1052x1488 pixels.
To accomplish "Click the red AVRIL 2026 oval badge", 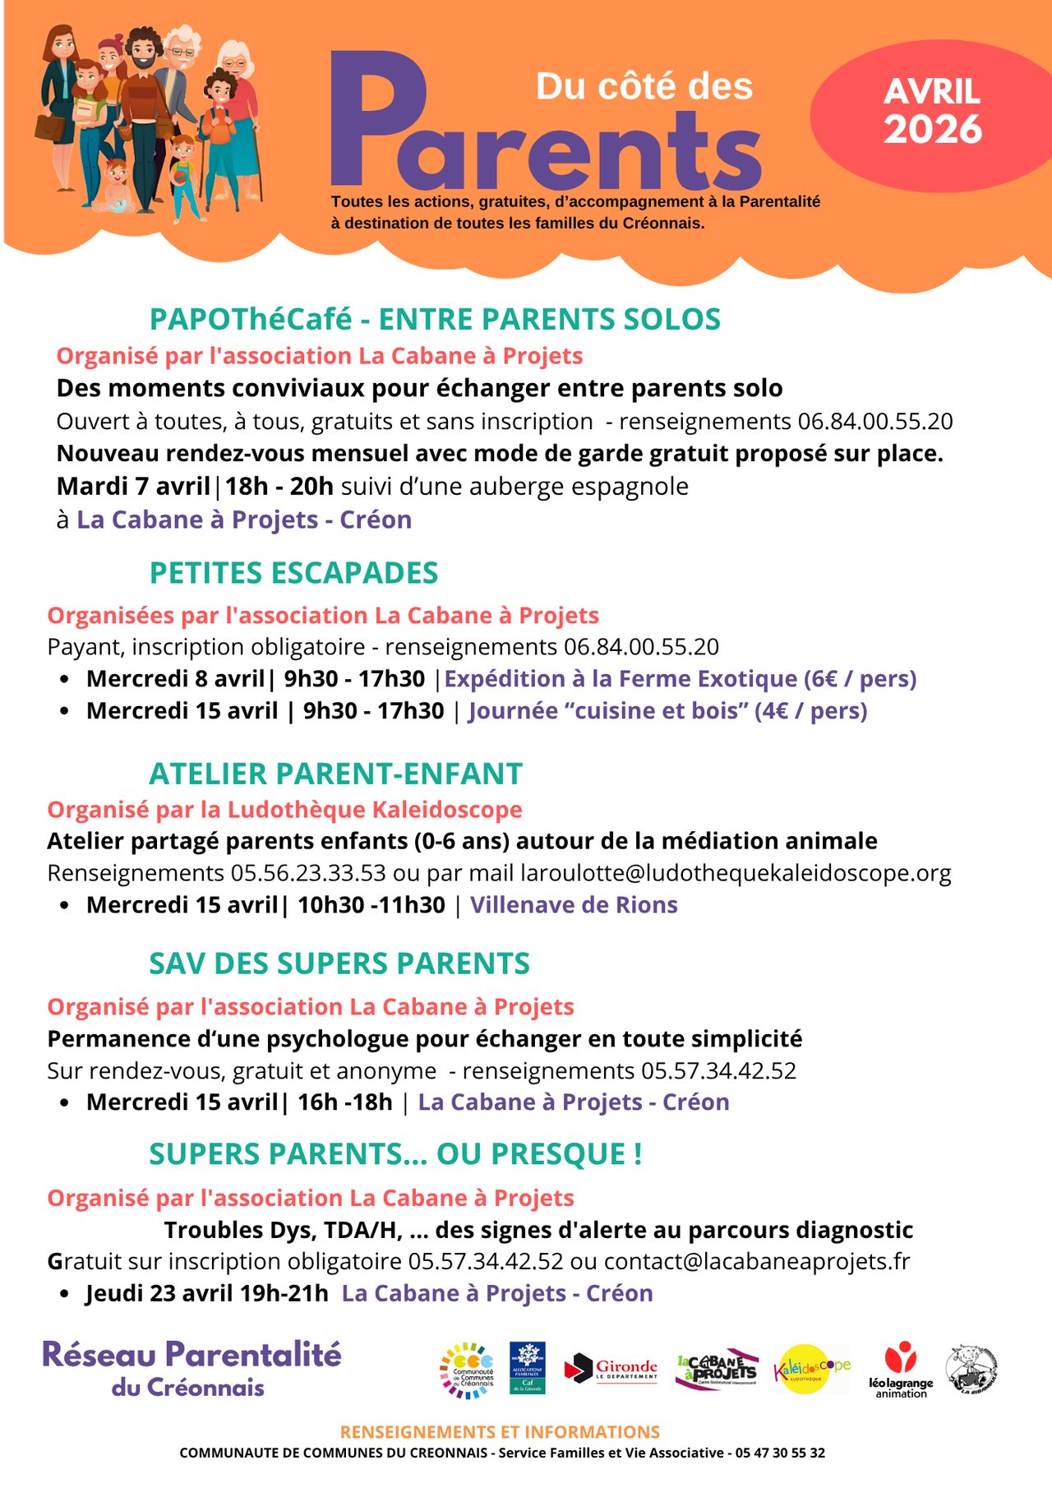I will click(x=932, y=113).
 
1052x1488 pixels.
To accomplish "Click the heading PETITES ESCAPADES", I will click(x=293, y=573).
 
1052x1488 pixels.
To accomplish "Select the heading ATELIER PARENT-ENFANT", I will click(x=335, y=774).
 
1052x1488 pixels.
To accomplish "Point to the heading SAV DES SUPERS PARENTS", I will click(x=339, y=964).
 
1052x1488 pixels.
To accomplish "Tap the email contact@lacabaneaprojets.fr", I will click(x=757, y=1261).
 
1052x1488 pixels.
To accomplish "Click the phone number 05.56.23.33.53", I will click(x=307, y=873).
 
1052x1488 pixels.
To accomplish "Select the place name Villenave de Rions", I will click(x=574, y=905).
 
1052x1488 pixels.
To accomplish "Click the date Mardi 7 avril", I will click(x=133, y=487).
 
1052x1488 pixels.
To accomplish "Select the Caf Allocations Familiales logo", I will click(x=527, y=1368).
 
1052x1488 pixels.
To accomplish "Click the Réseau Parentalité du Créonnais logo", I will click(x=191, y=1369).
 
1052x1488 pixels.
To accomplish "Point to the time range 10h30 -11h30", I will click(x=371, y=905).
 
